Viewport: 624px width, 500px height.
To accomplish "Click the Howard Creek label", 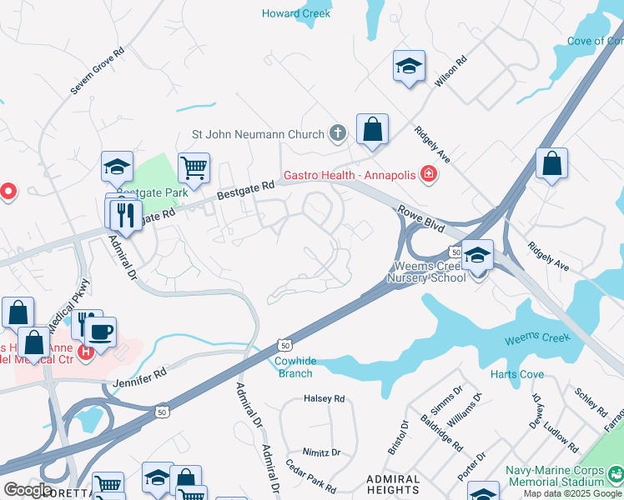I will (296, 13).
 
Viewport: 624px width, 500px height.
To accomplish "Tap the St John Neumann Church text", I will (258, 134).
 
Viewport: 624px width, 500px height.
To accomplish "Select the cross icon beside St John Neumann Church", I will (338, 133).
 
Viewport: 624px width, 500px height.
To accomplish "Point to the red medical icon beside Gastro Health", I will (428, 174).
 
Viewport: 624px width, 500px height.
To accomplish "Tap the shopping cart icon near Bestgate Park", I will (194, 167).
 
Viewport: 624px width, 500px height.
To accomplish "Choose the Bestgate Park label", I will (152, 192).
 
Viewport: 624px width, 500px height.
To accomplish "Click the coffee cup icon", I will (101, 332).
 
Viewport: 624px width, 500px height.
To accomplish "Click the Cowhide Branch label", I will (294, 367).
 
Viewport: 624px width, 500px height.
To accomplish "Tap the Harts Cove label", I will (517, 374).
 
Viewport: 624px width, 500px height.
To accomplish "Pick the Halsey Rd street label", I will (324, 399).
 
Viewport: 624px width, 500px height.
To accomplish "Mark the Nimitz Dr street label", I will (321, 452).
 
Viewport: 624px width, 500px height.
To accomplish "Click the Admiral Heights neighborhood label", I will (393, 485).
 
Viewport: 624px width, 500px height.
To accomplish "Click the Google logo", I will (28, 489).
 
